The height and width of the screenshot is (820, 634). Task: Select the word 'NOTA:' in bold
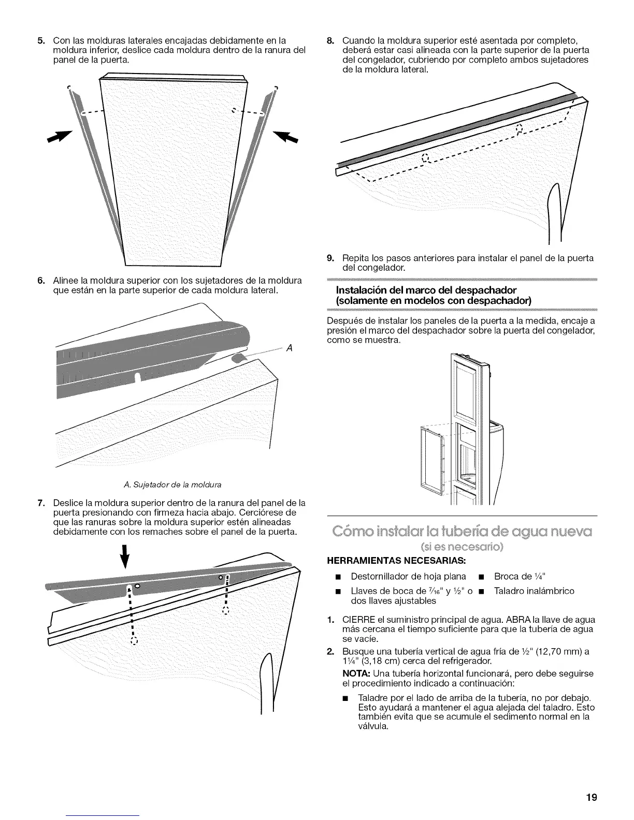[x=355, y=673]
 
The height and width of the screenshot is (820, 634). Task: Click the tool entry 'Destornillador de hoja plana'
[x=408, y=576]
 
